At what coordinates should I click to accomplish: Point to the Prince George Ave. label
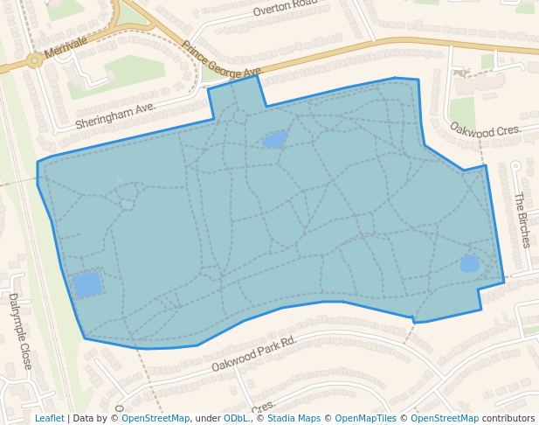223,59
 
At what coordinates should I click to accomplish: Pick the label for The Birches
523,219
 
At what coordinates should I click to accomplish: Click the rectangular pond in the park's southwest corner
87,285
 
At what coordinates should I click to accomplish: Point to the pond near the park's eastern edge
470,263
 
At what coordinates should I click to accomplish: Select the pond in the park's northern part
274,139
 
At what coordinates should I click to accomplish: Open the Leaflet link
50,418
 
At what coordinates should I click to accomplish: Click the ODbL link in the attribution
236,418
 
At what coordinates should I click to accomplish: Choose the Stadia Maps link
293,418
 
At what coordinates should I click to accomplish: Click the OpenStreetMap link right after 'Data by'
155,418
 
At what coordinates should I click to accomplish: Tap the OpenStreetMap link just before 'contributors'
445,418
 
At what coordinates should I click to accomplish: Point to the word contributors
508,418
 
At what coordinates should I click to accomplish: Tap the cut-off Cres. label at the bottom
264,407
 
